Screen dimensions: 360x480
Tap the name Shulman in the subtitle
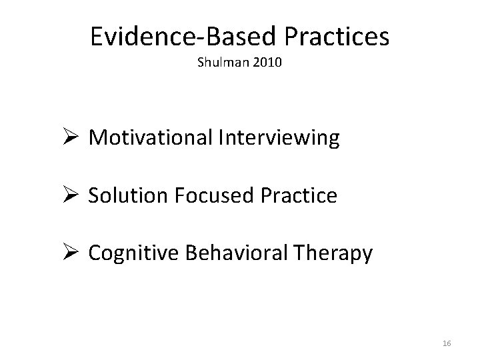click(219, 64)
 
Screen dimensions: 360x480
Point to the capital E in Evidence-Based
click(97, 37)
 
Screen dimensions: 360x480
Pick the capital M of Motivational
click(97, 138)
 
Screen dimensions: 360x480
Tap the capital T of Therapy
click(309, 253)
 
